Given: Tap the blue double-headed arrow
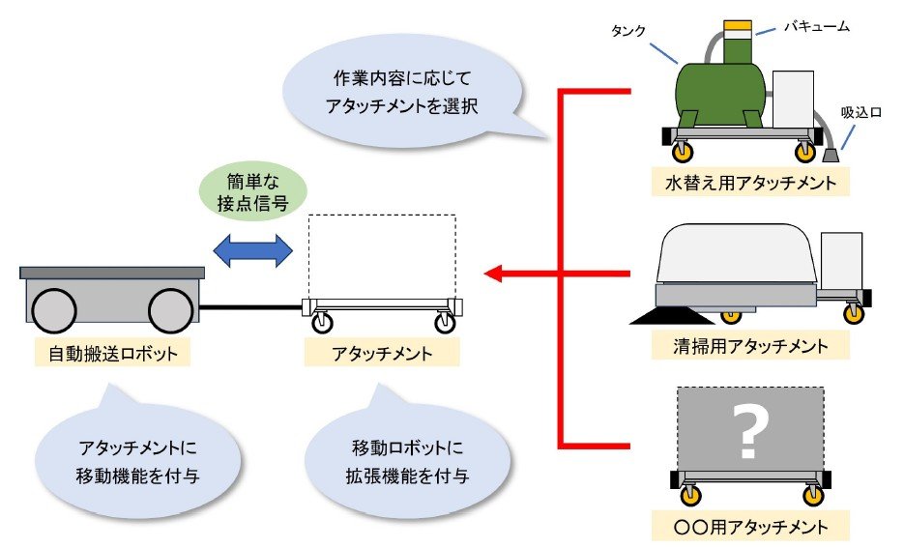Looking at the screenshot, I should [x=251, y=249].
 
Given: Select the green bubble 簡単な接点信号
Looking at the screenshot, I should [x=251, y=191].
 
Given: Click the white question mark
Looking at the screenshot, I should [x=747, y=432].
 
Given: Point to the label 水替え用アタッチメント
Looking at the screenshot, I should [x=750, y=182].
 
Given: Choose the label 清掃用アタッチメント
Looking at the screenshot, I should [x=750, y=344].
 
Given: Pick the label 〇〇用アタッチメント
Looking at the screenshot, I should [x=750, y=527].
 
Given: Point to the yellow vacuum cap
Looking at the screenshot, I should [x=739, y=23].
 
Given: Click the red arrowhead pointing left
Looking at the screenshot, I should [x=494, y=274].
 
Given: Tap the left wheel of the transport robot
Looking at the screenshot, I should [x=54, y=310].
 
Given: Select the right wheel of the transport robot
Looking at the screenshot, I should [x=171, y=310].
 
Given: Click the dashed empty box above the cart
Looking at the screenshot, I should [x=381, y=257].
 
